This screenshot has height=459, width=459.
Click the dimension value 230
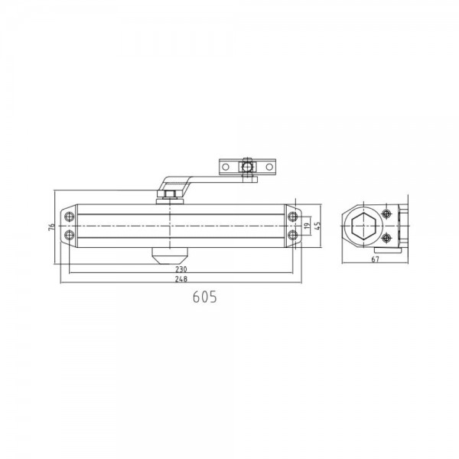coord(180,269)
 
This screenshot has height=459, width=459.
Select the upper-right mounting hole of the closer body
coord(292,216)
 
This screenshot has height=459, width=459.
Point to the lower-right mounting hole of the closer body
coord(292,236)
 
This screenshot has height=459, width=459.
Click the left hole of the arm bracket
coord(226,166)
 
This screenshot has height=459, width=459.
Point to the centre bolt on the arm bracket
coord(246,166)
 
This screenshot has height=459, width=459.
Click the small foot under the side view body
coord(386,249)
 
